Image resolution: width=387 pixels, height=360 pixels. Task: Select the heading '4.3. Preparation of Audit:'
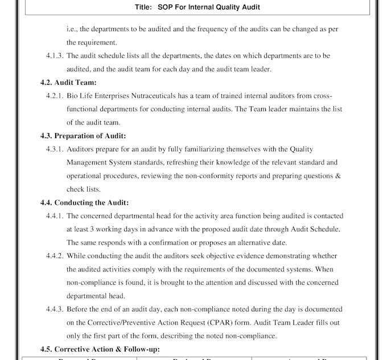83,135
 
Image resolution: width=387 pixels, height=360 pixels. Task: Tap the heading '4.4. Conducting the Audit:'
84,202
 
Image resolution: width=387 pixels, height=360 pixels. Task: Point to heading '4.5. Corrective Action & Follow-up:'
100,349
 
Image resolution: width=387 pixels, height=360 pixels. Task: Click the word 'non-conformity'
221,176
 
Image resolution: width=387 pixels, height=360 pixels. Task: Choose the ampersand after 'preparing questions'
337,176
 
